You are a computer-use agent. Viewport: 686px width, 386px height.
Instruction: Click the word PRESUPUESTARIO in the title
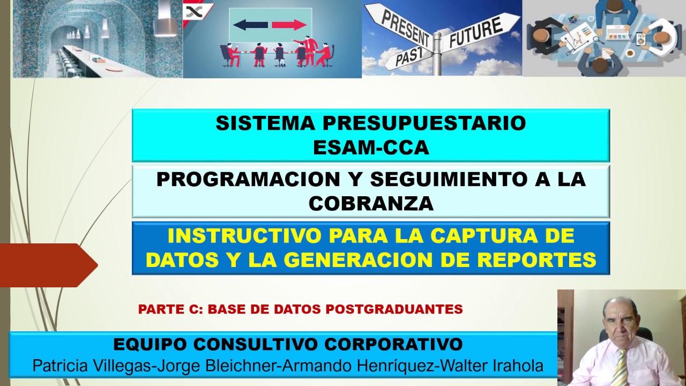[424, 123]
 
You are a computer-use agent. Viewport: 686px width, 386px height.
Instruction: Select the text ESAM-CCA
[371, 147]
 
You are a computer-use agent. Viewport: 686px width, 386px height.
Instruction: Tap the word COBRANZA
[371, 203]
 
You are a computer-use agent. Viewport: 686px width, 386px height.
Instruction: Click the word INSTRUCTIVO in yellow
[245, 235]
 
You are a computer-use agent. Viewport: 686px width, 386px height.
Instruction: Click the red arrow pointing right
[289, 25]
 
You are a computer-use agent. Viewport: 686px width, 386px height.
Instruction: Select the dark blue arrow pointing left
[250, 25]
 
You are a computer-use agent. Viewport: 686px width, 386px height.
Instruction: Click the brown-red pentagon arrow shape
[49, 265]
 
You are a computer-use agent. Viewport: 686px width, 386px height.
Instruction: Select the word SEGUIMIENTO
[448, 179]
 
